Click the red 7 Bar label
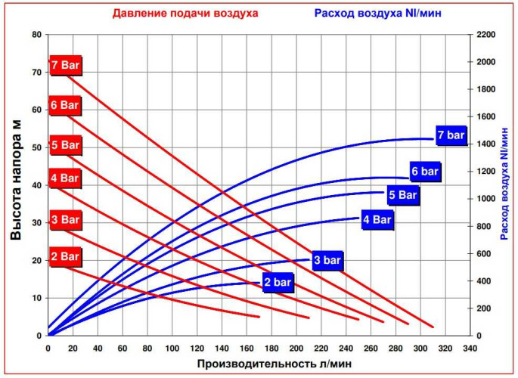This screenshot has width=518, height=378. coord(65,66)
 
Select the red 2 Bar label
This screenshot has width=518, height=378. coord(65,257)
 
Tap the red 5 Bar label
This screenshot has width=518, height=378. coord(65,144)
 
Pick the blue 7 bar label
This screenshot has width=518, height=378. coord(451,135)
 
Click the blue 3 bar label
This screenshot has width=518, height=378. coord(327,261)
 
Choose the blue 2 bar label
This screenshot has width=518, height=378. coord(278,283)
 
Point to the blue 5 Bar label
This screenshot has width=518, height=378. coord(402,195)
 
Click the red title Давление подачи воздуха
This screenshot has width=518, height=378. coord(185,13)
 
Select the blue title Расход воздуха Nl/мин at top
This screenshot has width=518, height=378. coord(378,13)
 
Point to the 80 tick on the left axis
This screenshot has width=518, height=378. coord(36,35)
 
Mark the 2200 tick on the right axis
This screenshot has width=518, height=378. coord(485,35)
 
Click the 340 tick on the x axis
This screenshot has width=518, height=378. coord(470,349)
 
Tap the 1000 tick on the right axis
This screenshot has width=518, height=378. coord(485,199)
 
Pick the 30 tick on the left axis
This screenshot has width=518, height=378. coord(36,223)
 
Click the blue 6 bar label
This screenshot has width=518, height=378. coord(425,172)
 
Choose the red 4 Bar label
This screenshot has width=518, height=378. coord(65,179)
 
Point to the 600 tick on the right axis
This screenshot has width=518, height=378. coord(483,254)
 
